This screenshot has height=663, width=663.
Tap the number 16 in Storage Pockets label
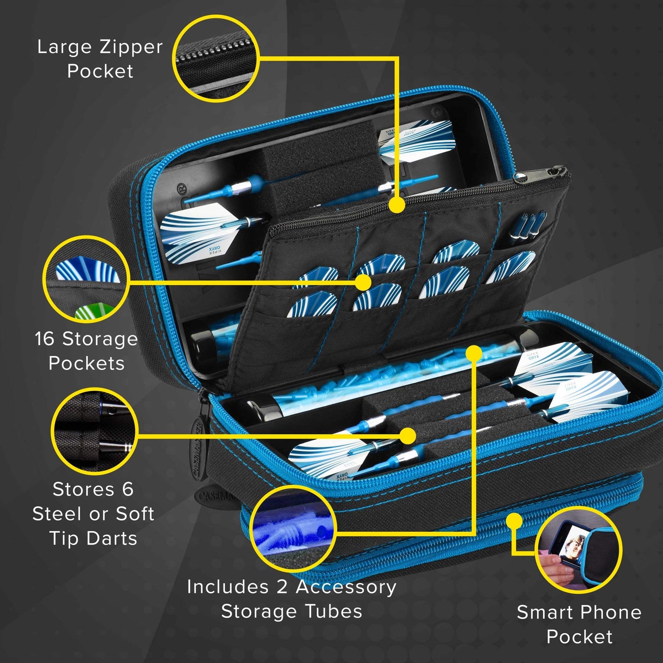point(45,339)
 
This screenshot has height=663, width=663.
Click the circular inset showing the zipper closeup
point(216,58)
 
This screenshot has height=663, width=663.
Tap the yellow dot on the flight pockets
point(363,282)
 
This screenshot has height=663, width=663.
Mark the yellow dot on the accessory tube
point(474,353)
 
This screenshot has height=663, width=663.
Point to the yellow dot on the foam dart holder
point(407,435)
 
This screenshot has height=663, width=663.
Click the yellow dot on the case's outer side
point(515,521)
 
